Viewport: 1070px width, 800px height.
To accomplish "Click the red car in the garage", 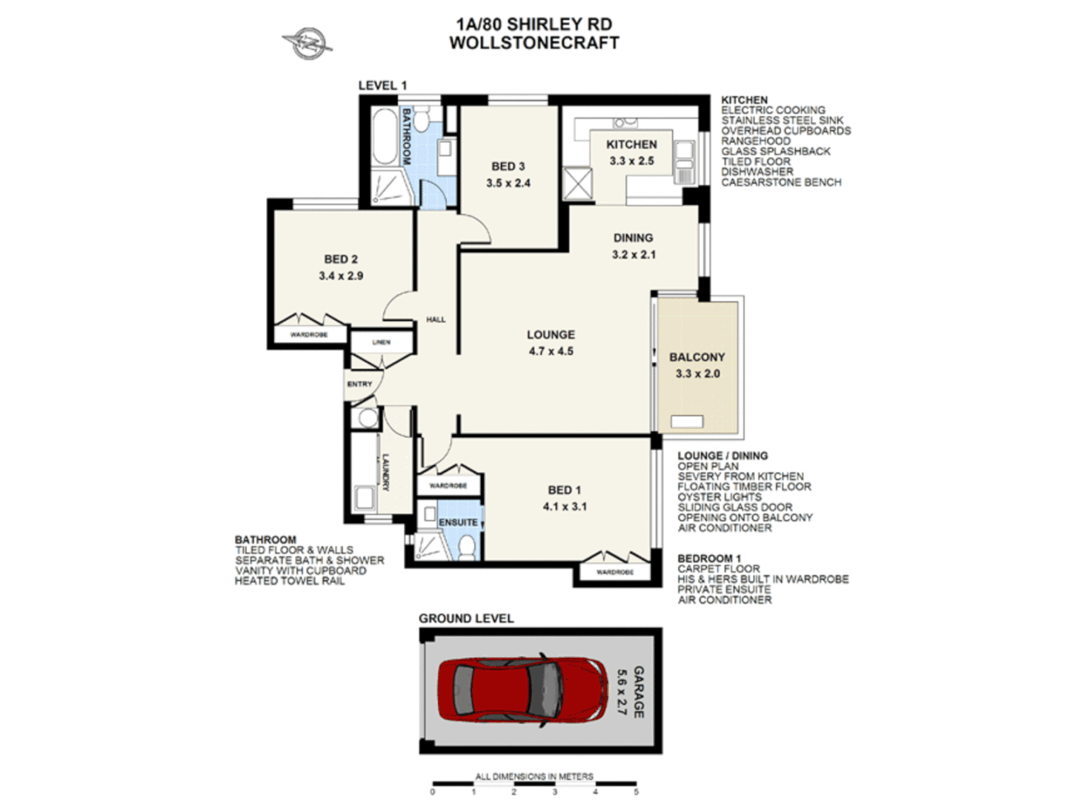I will coord(528,690).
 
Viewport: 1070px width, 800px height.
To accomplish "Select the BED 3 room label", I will coord(508,167).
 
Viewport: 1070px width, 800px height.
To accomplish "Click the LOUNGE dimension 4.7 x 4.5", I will coord(551,351).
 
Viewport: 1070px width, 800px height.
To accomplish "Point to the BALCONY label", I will coord(697,357).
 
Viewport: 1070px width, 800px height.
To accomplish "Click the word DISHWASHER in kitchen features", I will coord(757,172).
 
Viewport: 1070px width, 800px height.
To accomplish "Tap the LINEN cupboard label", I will coord(381,342).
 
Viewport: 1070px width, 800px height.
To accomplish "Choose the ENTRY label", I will coord(359,384).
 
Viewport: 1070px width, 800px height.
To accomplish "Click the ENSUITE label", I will coord(458,522).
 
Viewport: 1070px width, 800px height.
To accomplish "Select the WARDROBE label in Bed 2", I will coord(308,335).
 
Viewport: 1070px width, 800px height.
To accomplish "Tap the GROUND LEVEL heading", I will coord(465,619).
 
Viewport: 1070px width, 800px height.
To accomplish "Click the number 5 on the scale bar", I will coord(636,792).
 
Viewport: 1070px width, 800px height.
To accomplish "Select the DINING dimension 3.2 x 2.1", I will coord(634,254).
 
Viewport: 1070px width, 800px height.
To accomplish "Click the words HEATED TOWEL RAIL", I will coord(289,581).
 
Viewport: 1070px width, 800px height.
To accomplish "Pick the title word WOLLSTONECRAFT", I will coord(534,43).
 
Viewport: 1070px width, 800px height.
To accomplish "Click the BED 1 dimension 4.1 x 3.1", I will coord(565,507).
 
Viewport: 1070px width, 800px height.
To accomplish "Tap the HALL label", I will coord(436,319).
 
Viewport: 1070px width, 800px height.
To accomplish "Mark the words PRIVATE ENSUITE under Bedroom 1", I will coord(723,590).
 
